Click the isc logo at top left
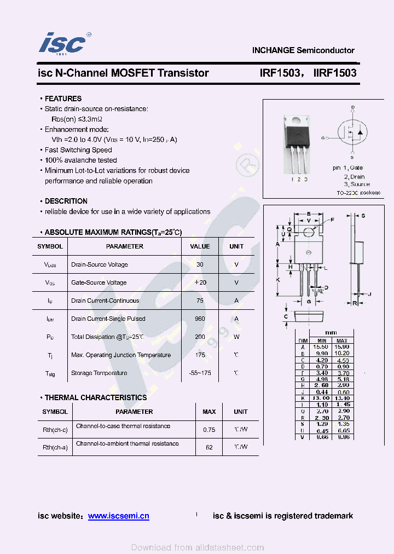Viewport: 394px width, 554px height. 63,43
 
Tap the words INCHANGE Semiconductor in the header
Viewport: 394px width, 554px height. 303,50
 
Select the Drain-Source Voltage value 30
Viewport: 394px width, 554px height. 200,264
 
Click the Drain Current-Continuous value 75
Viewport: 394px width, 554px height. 200,301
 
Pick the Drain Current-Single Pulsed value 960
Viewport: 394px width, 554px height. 200,319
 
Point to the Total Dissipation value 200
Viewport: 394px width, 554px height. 200,337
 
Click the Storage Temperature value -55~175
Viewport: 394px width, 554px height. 200,373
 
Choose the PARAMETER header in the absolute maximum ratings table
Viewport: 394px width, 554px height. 125,246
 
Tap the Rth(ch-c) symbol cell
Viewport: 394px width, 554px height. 55,430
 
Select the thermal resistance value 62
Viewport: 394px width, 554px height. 209,447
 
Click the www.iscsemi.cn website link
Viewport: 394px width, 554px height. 118,516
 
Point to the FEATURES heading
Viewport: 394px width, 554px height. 63,99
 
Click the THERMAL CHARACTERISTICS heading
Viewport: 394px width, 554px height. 96,397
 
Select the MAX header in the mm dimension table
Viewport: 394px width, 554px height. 342,341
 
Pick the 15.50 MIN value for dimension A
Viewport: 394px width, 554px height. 321,347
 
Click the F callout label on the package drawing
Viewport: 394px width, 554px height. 332,220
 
